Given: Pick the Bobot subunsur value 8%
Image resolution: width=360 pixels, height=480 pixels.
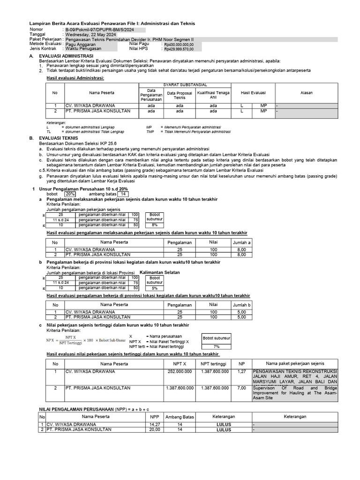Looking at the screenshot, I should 155,225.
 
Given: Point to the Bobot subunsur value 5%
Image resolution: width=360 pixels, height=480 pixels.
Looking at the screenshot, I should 155,288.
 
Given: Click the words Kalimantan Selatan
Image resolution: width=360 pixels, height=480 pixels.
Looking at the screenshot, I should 160,272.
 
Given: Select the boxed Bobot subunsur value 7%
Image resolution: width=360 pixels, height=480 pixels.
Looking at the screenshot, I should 216,346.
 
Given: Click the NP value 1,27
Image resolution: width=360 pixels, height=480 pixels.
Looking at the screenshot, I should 242,371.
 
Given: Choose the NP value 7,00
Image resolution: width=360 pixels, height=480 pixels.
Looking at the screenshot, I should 242,388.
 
